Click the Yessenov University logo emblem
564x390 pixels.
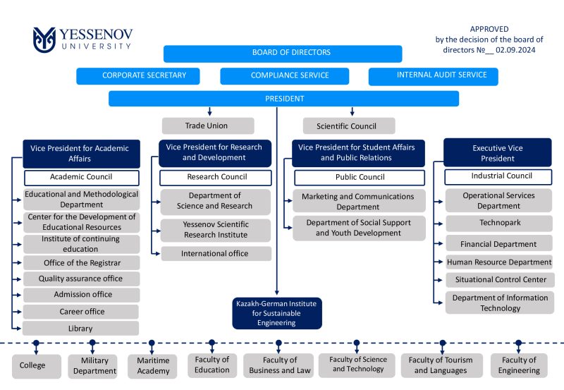pos(44,39)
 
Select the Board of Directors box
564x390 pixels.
pos(283,54)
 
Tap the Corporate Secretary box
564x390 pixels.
pos(138,76)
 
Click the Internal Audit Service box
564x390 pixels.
pos(434,76)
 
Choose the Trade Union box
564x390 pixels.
pos(208,126)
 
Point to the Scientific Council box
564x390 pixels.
pos(349,126)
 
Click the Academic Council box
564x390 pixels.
pos(82,178)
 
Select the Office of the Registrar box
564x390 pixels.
pos(82,263)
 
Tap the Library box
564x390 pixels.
pos(80,328)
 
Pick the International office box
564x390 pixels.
pos(216,254)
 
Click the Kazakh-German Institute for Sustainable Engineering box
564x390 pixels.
pos(277,313)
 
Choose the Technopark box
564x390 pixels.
pos(499,223)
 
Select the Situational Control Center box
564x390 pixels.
pos(500,279)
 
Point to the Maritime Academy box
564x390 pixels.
pos(152,366)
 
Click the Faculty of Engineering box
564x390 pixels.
pos(519,365)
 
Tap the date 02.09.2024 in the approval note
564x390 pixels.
pos(515,50)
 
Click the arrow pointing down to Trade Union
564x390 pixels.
pos(209,111)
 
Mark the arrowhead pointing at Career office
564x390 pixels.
pos(20,312)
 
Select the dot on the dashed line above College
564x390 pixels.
pos(36,343)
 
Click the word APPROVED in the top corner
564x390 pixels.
pos(489,29)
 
